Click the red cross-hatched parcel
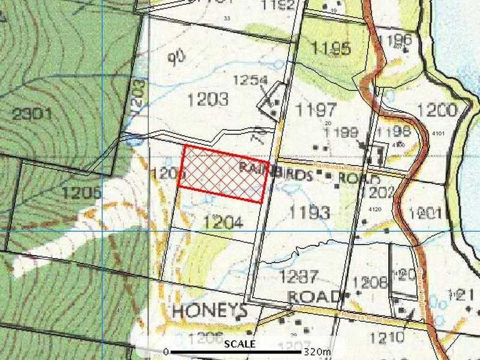(x=224, y=174)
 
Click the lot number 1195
(x=331, y=49)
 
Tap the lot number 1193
(x=309, y=212)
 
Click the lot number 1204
(x=223, y=223)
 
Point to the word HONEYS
(x=209, y=311)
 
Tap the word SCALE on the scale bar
(x=240, y=344)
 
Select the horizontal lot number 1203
(x=208, y=100)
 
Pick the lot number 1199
(x=342, y=133)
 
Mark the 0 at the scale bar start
(x=166, y=351)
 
